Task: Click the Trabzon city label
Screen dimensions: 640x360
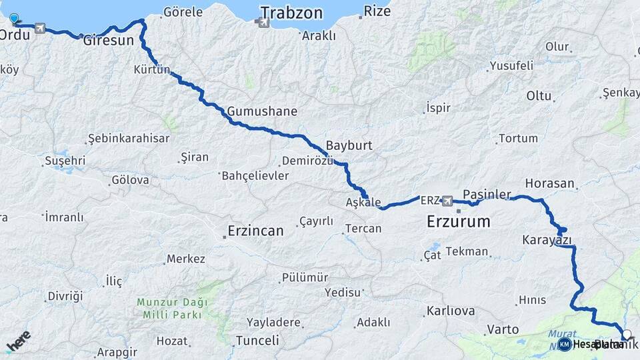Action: pyautogui.click(x=291, y=13)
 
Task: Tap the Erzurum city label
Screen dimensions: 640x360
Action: pyautogui.click(x=458, y=221)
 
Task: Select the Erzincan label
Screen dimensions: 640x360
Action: pyautogui.click(x=255, y=231)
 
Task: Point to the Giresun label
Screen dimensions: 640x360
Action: pyautogui.click(x=109, y=40)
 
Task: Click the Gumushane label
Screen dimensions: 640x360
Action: pyautogui.click(x=262, y=111)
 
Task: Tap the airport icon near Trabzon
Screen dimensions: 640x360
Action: pyautogui.click(x=263, y=23)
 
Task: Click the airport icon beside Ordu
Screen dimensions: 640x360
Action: pyautogui.click(x=40, y=29)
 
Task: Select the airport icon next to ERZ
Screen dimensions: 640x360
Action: pyautogui.click(x=447, y=200)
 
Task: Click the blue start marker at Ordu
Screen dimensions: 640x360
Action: pyautogui.click(x=14, y=19)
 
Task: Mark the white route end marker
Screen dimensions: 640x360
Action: pyautogui.click(x=626, y=334)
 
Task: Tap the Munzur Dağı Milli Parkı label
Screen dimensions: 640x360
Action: pyautogui.click(x=172, y=307)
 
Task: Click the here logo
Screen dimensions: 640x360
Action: pyautogui.click(x=18, y=341)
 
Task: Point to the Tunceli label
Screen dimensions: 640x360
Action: pyautogui.click(x=257, y=341)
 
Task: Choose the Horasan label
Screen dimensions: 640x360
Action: pyautogui.click(x=550, y=183)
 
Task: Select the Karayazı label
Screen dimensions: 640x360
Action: pyautogui.click(x=547, y=239)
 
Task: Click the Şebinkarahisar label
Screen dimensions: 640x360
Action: pyautogui.click(x=129, y=139)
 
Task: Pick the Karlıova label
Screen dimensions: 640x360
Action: pyautogui.click(x=451, y=311)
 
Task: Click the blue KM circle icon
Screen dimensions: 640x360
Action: pyautogui.click(x=565, y=344)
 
